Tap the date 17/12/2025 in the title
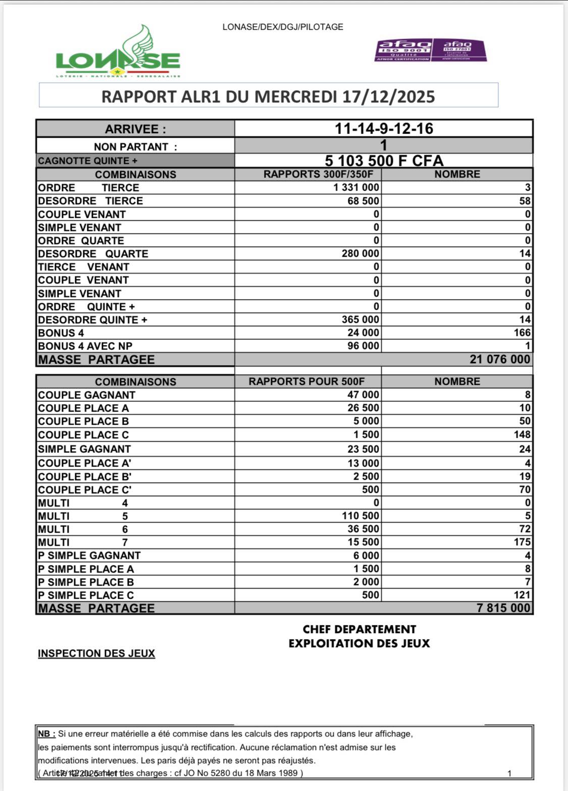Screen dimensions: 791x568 point(388,96)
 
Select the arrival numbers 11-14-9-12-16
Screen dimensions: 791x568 point(384,129)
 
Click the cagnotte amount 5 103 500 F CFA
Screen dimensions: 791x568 point(384,161)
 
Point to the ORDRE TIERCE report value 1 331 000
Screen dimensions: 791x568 point(356,188)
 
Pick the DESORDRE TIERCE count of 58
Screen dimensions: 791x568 point(525,201)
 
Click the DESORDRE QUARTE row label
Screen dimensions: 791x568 point(93,254)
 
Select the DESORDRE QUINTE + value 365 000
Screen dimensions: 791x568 point(360,320)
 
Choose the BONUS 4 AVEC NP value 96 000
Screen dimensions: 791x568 point(363,346)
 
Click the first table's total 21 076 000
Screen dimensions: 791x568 point(500,359)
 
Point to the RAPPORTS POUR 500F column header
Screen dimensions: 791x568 point(306,381)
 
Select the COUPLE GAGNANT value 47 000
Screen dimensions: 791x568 point(363,395)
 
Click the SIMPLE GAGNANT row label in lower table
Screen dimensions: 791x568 point(84,449)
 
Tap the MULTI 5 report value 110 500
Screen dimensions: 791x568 point(360,516)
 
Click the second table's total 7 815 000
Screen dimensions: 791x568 point(503,608)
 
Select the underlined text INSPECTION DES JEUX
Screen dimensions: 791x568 point(96,653)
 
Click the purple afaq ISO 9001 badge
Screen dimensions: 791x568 point(403,50)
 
